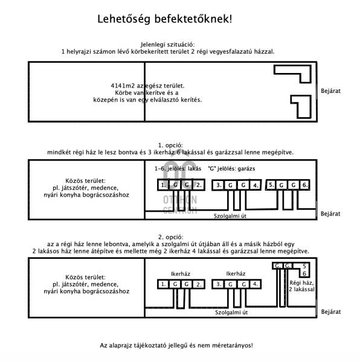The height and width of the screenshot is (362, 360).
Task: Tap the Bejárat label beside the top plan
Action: [x=330, y=91]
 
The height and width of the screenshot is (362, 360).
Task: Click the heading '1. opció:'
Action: [x=170, y=145]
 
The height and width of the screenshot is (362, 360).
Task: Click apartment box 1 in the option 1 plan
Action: [x=163, y=185]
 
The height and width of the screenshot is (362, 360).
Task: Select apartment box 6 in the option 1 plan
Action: [x=304, y=185]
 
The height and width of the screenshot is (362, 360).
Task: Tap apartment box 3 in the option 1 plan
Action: [x=218, y=185]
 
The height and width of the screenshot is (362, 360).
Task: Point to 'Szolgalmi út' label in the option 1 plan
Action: [x=230, y=216]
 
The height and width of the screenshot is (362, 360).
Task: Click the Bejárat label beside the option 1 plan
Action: [x=330, y=214]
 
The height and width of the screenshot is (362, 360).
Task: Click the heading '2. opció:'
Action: [x=171, y=237]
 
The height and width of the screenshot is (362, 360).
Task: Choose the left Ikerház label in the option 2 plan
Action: [x=181, y=274]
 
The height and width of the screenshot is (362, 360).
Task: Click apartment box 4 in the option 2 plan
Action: [x=256, y=284]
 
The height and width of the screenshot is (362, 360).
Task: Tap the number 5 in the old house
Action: [x=304, y=266]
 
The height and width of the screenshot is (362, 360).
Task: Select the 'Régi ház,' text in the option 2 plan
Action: [x=301, y=283]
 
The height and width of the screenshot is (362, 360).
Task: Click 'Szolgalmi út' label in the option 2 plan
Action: [x=231, y=313]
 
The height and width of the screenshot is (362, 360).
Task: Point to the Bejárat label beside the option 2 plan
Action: [x=331, y=312]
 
